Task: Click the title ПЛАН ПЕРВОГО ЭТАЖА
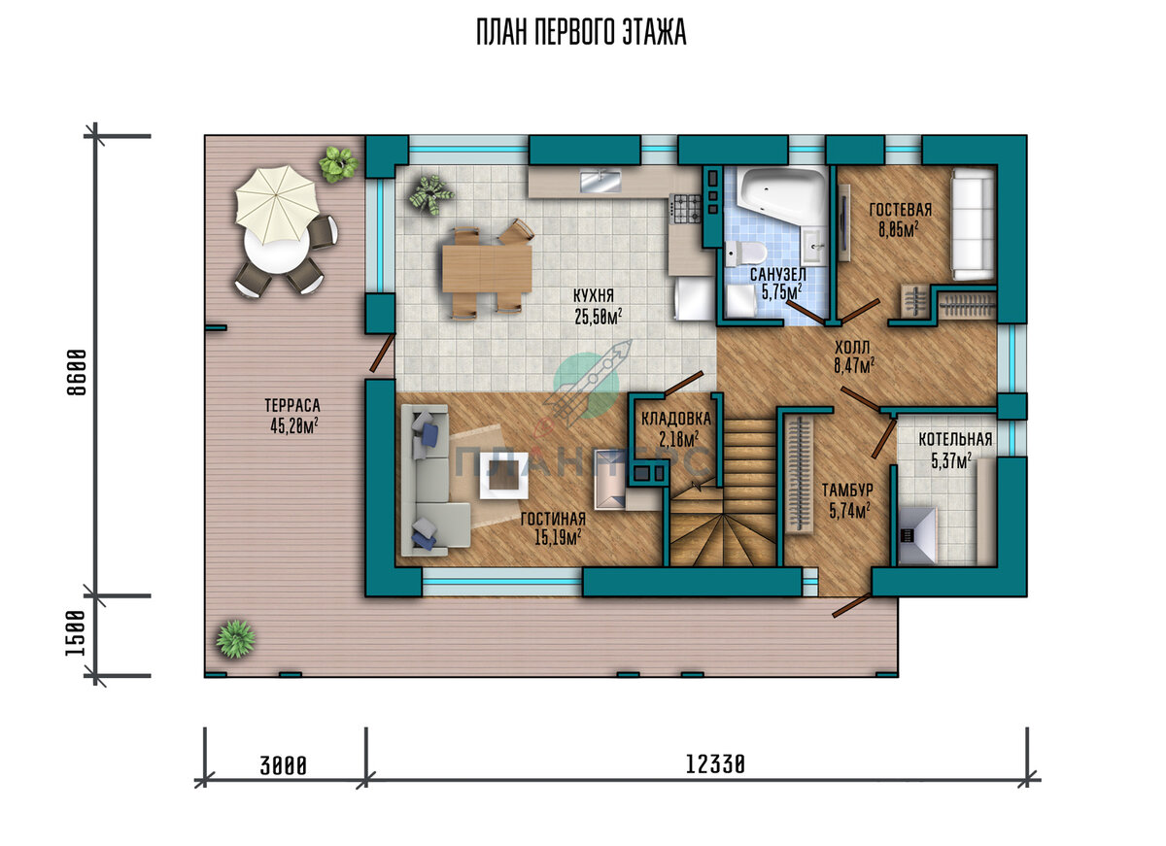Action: pos(581,32)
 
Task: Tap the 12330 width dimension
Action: pos(715,764)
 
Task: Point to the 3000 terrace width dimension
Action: pos(283,766)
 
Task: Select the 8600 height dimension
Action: pos(77,372)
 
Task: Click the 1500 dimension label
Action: pos(75,633)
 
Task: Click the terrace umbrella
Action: pos(277,205)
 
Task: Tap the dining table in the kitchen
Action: pos(487,268)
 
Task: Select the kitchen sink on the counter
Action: pos(600,181)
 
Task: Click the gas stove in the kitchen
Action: pos(686,209)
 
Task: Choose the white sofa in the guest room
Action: pos(973,224)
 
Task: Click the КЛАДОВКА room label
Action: pos(675,418)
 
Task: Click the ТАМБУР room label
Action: pos(847,491)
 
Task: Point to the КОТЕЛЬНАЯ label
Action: pos(955,439)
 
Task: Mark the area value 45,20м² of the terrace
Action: pos(294,426)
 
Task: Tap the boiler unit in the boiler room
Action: pos(917,535)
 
